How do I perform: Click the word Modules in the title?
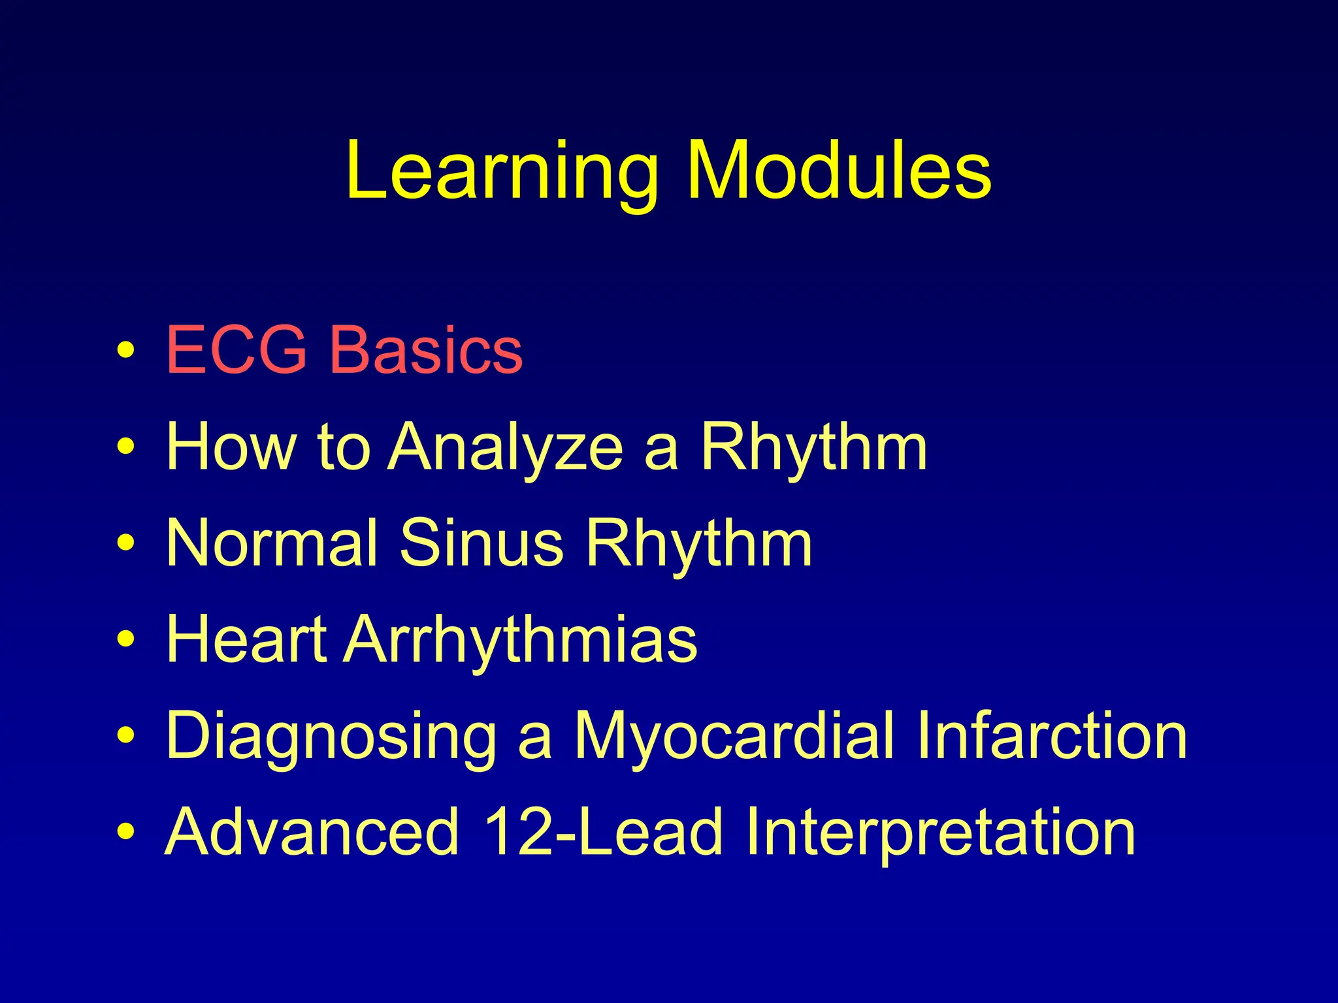coord(839,171)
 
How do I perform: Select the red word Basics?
coord(425,351)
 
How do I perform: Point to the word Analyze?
coord(506,448)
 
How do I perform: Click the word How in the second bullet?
coord(231,447)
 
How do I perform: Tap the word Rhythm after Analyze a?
coord(813,448)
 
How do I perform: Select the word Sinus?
coord(481,543)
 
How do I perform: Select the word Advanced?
coord(312,831)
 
